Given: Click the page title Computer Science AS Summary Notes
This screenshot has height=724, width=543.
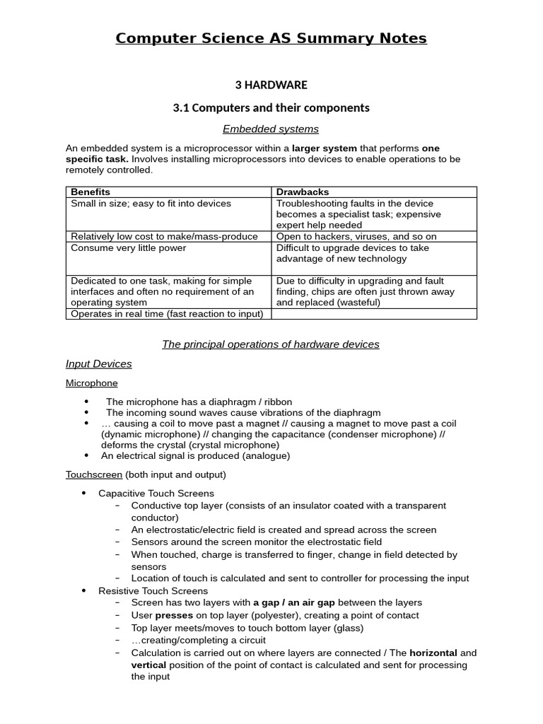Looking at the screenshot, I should click(x=271, y=38).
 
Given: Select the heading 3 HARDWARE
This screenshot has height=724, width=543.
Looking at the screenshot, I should click(x=271, y=85).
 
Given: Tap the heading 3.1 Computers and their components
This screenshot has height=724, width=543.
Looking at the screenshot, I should click(x=271, y=107).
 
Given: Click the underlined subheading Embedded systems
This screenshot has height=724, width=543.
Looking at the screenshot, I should click(x=271, y=129).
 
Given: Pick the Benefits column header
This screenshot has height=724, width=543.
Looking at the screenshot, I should click(x=90, y=192).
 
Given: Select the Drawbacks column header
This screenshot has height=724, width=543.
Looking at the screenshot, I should click(x=303, y=192).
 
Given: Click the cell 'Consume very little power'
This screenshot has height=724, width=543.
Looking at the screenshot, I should click(x=129, y=248).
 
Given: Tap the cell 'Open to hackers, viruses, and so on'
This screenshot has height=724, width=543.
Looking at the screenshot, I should click(x=356, y=236).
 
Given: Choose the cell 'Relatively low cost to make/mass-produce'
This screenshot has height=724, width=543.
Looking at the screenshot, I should click(x=164, y=236).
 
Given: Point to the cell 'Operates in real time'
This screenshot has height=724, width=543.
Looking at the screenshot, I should click(x=167, y=314).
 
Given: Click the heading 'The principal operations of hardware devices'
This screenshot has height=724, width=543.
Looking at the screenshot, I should click(x=271, y=344).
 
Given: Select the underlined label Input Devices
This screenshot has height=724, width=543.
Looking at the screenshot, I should click(x=99, y=363).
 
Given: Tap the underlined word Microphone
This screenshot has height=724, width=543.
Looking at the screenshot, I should click(x=92, y=383).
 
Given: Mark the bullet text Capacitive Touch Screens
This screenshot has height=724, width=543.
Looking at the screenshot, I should click(x=156, y=493).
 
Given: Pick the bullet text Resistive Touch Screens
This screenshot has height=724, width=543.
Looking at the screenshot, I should click(x=153, y=590).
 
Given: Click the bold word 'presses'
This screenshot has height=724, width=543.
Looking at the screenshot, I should click(x=174, y=615).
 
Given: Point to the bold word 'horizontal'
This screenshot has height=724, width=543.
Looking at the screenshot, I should click(x=433, y=653).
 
